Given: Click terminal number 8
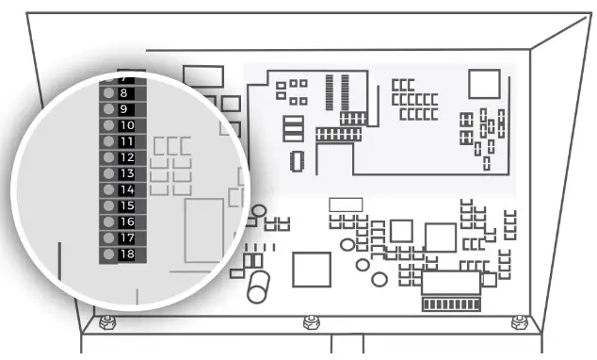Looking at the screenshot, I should tap(126, 93).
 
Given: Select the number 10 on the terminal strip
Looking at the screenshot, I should tap(127, 125).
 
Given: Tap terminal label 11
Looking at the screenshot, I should tap(127, 141).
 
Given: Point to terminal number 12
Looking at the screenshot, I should tap(127, 157).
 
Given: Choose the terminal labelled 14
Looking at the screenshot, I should tap(127, 189).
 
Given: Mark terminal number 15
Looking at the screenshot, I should tap(127, 205).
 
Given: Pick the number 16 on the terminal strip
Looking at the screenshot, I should tap(127, 221).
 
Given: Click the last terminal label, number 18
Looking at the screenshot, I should tap(127, 254).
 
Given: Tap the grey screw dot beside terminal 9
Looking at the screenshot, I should tap(108, 109).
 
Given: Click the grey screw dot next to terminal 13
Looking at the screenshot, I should tap(108, 173).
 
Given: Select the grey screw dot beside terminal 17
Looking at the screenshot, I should tap(108, 237).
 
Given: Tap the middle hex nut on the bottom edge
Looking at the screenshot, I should tap(310, 322).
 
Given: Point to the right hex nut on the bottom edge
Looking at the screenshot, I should tap(517, 322).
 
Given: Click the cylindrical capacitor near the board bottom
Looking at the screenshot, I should tap(260, 287).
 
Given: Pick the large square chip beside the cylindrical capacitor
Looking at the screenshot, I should tap(311, 270).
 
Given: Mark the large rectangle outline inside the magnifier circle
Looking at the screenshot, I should tap(203, 229).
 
